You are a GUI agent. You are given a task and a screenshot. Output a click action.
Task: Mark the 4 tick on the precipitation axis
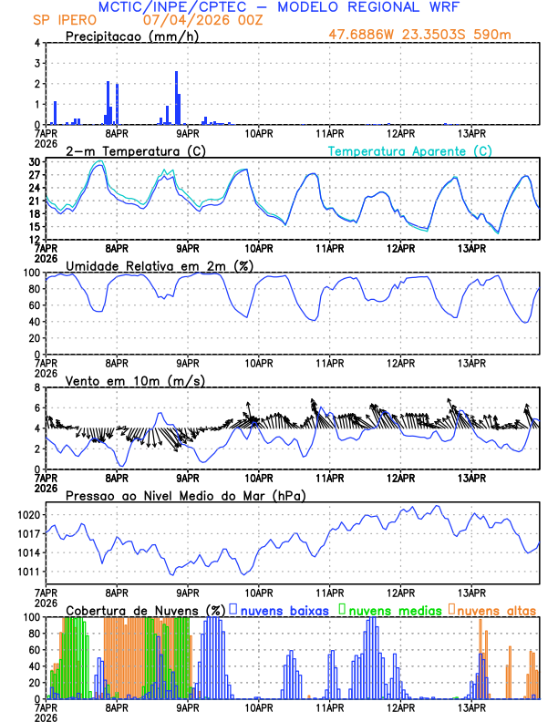click(36, 43)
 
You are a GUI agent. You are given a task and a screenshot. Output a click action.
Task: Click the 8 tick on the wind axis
click(36, 387)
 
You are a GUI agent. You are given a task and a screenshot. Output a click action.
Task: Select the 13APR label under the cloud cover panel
click(470, 707)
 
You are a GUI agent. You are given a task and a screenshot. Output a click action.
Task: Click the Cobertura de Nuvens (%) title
click(146, 610)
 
